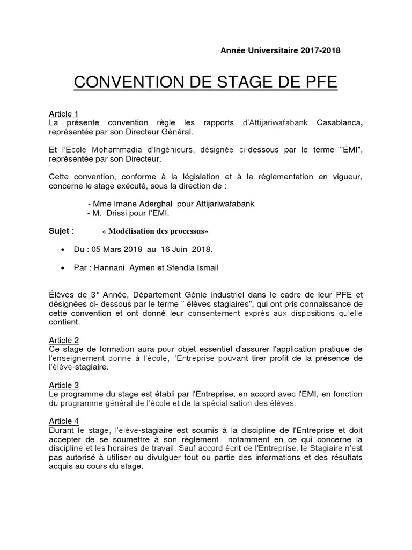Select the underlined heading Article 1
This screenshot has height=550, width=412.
pos(64,113)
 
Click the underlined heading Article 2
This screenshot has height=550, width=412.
pos(64,340)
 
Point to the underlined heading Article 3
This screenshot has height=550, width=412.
pos(64,385)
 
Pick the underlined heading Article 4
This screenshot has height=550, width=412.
pos(64,421)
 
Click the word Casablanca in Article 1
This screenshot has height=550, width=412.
pos(338,123)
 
